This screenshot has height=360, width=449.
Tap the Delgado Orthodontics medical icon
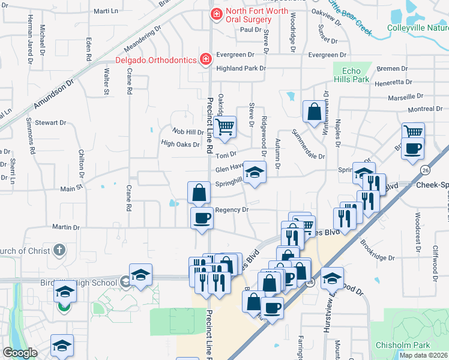point(206,59)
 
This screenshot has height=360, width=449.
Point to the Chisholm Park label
point(411,345)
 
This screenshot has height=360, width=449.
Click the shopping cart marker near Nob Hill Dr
point(224,127)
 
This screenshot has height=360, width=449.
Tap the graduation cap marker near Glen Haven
point(255,173)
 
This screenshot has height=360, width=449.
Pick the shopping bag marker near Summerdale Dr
point(314,111)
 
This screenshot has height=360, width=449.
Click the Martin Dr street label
point(66,227)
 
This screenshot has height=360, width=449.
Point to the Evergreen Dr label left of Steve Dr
point(231,55)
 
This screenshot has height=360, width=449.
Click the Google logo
point(20,353)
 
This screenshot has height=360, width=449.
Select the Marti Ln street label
point(106,11)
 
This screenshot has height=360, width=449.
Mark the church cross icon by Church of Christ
point(59,250)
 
